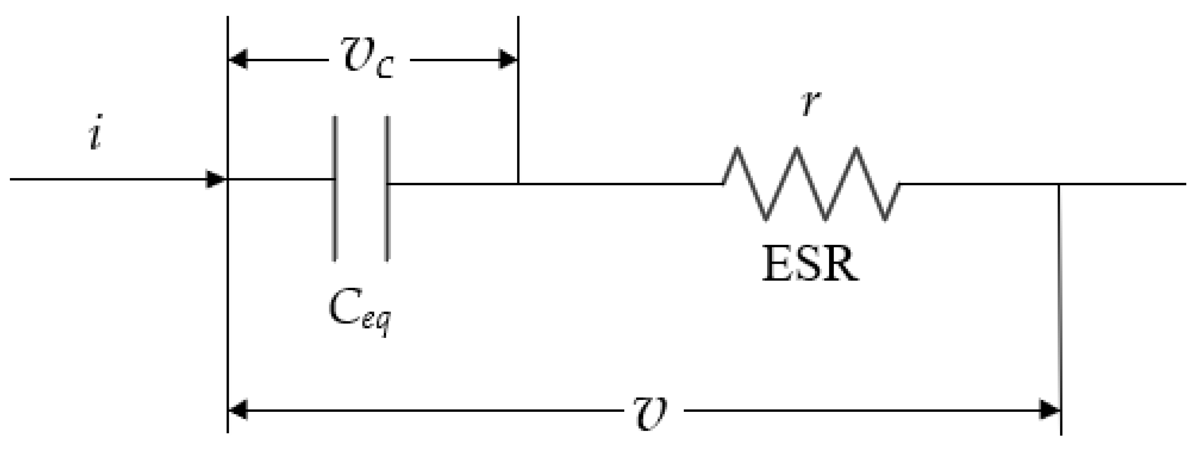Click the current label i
(95, 133)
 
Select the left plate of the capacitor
(334, 188)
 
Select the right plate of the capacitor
(387, 188)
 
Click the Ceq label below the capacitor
(360, 311)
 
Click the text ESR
(810, 265)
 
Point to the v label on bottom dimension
(650, 412)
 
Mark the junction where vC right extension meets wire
(518, 184)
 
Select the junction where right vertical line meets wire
(1059, 184)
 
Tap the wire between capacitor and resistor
(617, 184)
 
